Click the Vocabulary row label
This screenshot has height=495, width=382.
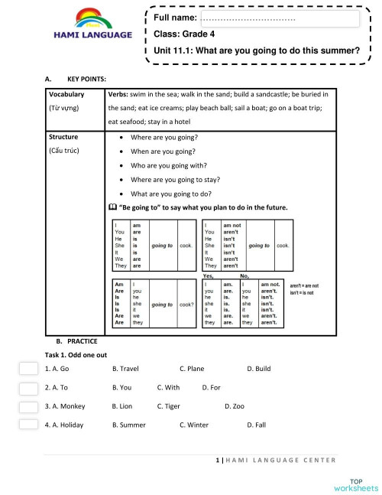coord(66,95)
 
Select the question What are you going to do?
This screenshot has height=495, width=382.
coord(173,194)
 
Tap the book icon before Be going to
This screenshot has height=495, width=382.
coord(113,207)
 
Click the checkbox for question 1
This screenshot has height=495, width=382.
coord(28,368)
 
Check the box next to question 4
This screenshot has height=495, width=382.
coord(28,424)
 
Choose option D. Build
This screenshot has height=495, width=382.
coord(259,369)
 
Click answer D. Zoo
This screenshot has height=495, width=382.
coord(235,406)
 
